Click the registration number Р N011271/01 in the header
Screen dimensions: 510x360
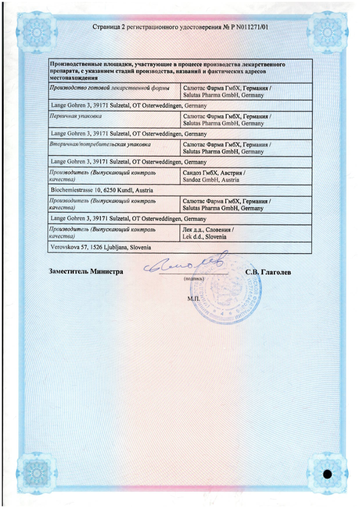[245, 27]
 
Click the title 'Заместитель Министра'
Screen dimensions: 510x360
[86, 272]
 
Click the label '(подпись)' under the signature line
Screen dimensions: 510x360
[194, 278]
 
